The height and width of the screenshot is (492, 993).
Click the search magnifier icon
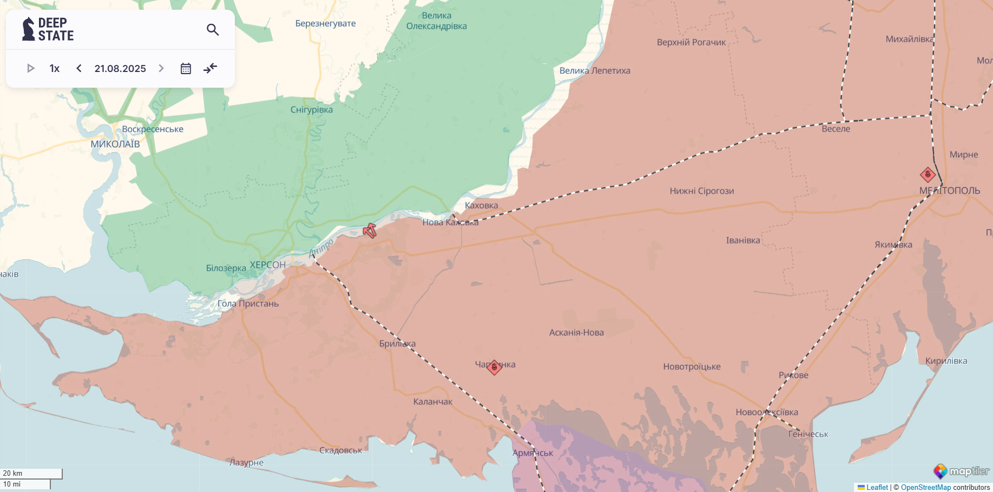click(213, 30)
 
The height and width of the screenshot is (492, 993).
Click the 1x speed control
click(55, 68)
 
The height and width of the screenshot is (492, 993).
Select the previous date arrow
click(79, 68)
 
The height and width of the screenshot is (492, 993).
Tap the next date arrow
click(161, 68)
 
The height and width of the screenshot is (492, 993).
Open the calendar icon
click(186, 68)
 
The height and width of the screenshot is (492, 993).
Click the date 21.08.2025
click(120, 68)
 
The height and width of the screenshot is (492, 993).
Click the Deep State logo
click(48, 29)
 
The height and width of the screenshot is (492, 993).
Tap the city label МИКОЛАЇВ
click(115, 144)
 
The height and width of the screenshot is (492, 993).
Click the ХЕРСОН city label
click(267, 265)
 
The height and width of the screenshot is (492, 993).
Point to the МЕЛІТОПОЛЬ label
click(949, 191)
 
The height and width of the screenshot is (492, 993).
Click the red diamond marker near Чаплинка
click(494, 367)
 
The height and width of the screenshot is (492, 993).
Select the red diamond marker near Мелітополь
click(928, 174)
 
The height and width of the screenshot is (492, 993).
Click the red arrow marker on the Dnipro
click(370, 231)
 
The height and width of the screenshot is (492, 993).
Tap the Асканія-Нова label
click(576, 332)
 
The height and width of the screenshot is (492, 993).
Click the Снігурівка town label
click(312, 109)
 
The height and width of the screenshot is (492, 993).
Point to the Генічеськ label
click(808, 434)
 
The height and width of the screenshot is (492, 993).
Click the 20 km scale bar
click(31, 474)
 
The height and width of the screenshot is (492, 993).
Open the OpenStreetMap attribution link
click(925, 487)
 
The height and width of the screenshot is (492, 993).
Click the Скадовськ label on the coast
click(340, 450)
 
